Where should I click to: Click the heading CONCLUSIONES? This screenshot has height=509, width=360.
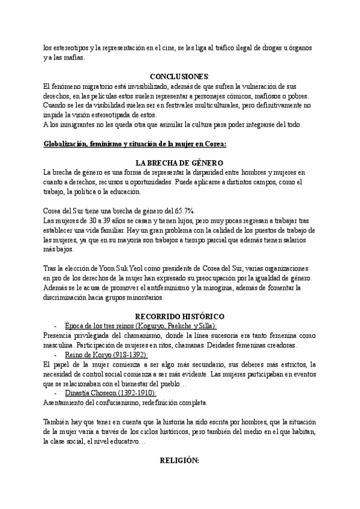[x=179, y=77]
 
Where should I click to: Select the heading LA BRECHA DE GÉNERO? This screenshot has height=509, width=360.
[x=179, y=163]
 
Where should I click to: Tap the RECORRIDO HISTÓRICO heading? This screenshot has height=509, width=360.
[x=179, y=316]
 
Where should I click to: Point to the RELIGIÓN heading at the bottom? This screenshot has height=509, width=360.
[x=179, y=460]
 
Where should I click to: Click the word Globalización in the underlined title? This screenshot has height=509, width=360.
[x=68, y=144]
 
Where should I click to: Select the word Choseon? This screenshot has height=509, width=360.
[x=89, y=393]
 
